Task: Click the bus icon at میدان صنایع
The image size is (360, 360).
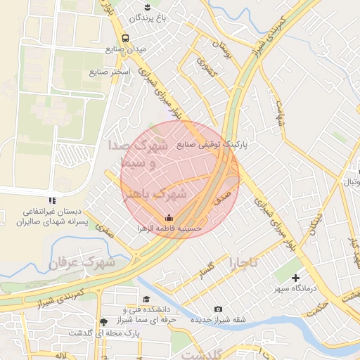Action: [x=125, y=38]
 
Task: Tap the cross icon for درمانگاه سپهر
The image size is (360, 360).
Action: [x=295, y=278]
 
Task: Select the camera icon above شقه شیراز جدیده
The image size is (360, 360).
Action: [x=218, y=309]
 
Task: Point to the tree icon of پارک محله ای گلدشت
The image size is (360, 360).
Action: [x=103, y=323]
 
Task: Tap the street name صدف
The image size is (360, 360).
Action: [x=223, y=191]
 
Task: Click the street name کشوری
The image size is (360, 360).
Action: [x=205, y=67]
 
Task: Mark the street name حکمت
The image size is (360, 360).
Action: [x=319, y=307]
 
